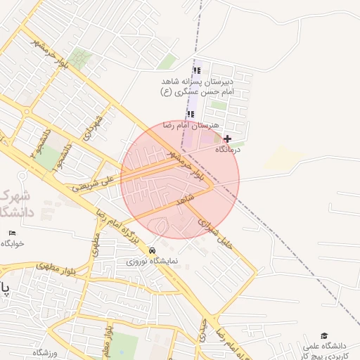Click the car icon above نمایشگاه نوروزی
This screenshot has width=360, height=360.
coord(153,250)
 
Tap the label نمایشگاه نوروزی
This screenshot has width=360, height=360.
coord(153,261)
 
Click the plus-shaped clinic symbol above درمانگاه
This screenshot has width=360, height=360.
coord(227,139)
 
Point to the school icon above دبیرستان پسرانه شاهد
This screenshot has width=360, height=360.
coord(197,71)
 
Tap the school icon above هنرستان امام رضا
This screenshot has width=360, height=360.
coord(191,114)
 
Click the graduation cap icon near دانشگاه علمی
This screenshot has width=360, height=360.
coord(324,336)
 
